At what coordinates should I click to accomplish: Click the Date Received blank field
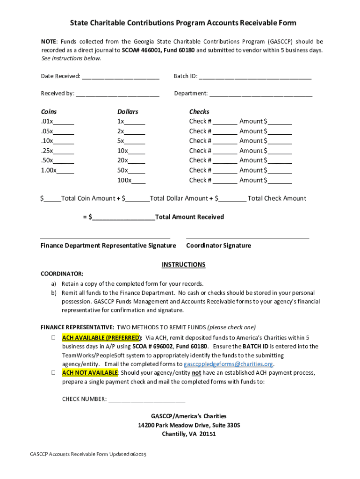[x=121, y=76]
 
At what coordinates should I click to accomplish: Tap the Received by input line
[x=117, y=94]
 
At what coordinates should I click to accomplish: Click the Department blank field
[x=261, y=94]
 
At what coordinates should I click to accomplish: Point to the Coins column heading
[x=49, y=112]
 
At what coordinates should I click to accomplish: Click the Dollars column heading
[x=128, y=112]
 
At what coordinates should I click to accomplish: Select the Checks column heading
[x=199, y=112]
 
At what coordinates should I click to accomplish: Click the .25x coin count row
[x=57, y=151]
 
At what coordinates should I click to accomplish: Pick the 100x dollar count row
[x=131, y=180]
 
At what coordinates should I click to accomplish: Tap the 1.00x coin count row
[x=57, y=170]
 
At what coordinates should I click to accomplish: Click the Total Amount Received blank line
[x=123, y=217]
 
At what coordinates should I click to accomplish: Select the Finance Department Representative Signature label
[x=108, y=246]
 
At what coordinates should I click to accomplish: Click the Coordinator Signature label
[x=218, y=246]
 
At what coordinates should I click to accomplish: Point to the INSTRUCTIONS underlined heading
[x=183, y=265]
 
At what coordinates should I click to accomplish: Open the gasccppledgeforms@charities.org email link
[x=228, y=364]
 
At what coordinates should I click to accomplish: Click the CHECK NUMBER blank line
[x=147, y=399]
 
